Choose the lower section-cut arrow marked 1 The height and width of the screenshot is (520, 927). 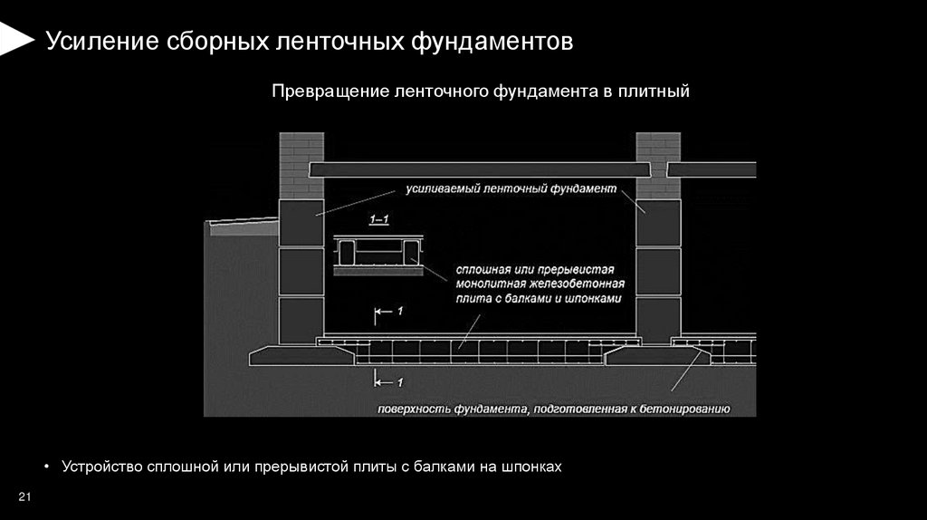click(387, 382)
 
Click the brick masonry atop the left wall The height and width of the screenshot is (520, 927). click(301, 164)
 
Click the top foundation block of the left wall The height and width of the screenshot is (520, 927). click(301, 223)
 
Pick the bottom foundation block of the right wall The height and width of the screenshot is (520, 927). click(658, 320)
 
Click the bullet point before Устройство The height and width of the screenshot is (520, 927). click(46, 467)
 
